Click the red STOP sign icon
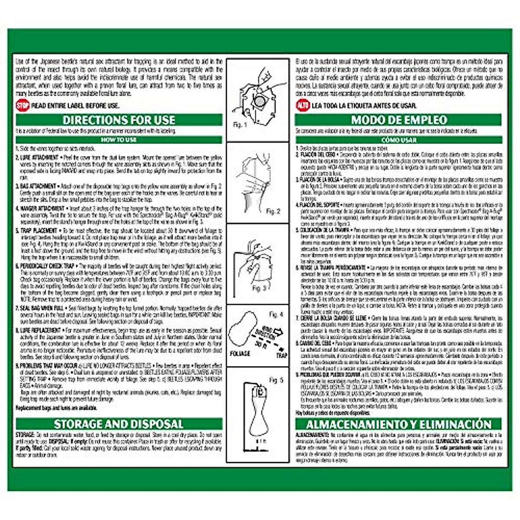coord(22,105)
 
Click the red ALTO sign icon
coord(302,105)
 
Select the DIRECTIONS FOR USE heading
coord(119,120)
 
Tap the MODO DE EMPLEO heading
coord(399,120)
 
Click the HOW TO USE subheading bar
coord(119,140)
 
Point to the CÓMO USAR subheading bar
coord(399,140)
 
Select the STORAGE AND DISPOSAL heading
coord(119,424)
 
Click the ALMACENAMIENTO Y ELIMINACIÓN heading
coord(399,424)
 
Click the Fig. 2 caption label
coord(273,211)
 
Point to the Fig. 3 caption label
coord(259,288)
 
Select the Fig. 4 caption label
coord(276,314)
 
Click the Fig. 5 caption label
coord(276,380)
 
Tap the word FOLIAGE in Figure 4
coord(240,353)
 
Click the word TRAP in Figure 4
coord(282,354)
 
